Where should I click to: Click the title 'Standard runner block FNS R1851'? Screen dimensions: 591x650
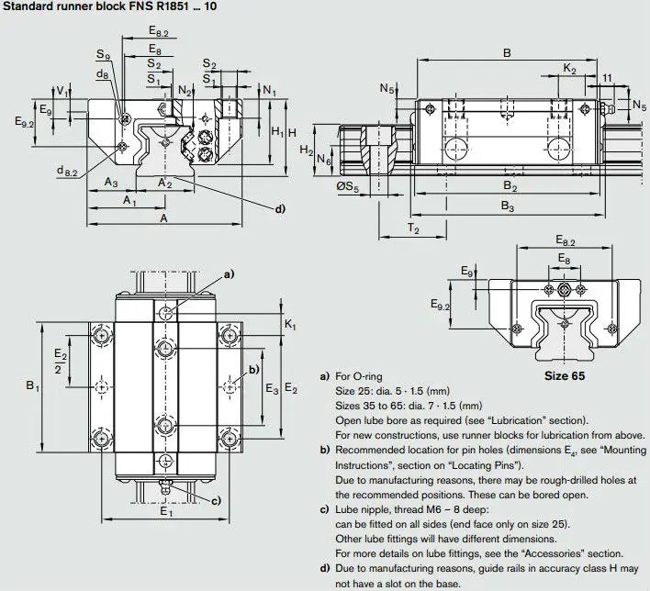coord(101,8)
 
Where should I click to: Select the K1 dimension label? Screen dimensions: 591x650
coord(290,326)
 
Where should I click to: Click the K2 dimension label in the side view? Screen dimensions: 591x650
coord(568,69)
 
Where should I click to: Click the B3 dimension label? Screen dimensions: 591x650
coord(507,208)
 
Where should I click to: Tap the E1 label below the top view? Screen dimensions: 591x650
coord(166,511)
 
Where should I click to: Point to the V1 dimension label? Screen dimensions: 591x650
coord(62,92)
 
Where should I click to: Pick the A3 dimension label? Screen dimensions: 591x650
coord(110,183)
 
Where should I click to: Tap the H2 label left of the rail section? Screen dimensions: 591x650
coord(307,151)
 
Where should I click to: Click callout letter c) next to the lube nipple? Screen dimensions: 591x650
coord(216,501)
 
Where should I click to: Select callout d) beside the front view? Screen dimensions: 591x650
coord(280,208)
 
